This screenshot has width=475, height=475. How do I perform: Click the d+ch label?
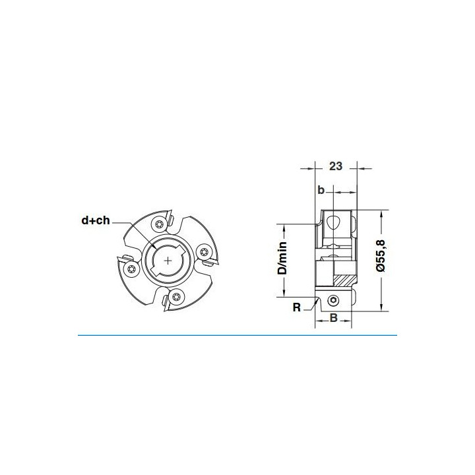point(96,220)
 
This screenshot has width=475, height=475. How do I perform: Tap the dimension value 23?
point(336,166)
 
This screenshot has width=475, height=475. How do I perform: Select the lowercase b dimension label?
point(321,190)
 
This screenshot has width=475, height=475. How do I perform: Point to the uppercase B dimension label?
point(334,318)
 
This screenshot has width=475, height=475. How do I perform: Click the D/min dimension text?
point(282,258)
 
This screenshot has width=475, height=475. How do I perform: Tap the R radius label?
point(297,307)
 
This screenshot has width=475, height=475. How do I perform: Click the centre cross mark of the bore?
point(168,261)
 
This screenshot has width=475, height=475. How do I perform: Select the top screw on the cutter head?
point(159,224)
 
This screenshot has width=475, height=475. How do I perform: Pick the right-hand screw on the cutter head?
point(204,251)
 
